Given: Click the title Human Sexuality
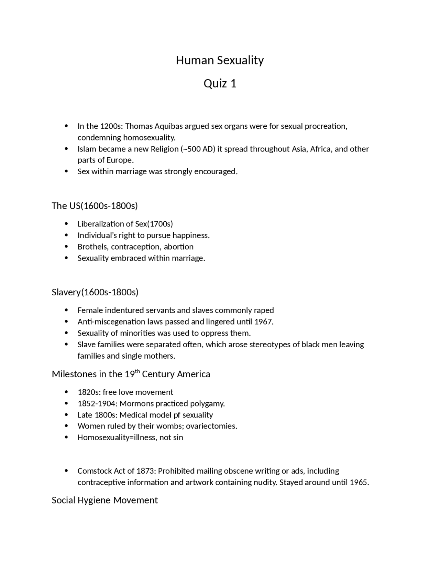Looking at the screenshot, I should (220, 61).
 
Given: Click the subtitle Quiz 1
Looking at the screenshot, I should (220, 84).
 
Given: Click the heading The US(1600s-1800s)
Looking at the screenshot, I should (95, 206).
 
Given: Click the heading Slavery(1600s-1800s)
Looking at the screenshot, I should (95, 292).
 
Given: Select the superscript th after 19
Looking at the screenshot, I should (137, 371).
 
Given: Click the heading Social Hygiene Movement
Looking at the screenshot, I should (104, 500).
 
